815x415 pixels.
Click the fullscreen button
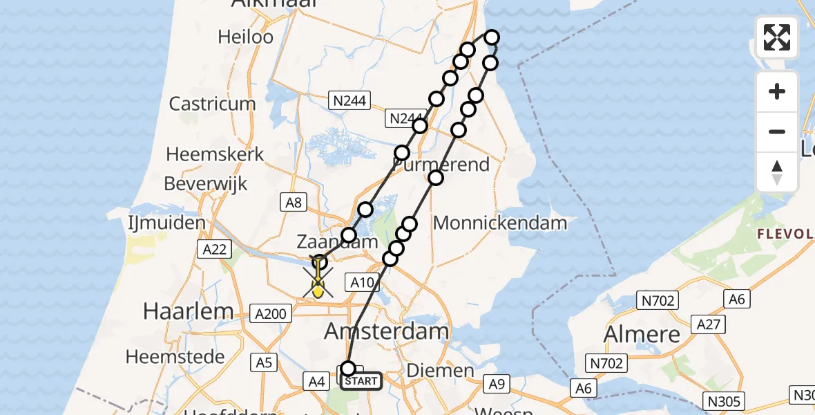(777, 37)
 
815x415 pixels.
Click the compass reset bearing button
(777, 172)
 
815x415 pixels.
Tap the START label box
(361, 381)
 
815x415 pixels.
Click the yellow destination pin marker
(318, 287)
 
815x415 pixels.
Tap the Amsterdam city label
(387, 331)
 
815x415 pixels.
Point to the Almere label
(642, 334)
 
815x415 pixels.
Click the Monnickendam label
(500, 223)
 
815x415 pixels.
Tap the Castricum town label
(212, 104)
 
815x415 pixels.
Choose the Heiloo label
(246, 37)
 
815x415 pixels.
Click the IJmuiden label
(166, 223)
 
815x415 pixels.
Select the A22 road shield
(212, 250)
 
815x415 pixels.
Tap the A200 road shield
(270, 314)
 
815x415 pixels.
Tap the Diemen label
(441, 371)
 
